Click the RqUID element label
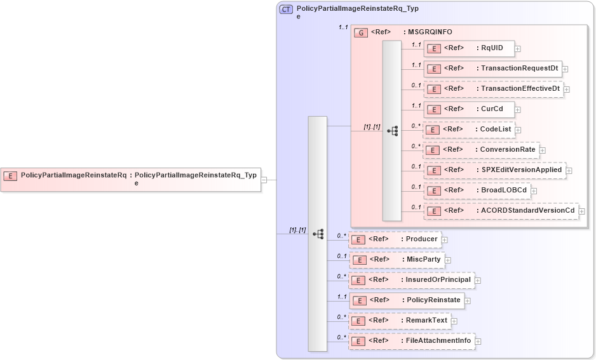[492, 48]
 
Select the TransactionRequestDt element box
[492, 69]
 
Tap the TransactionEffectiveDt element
[493, 89]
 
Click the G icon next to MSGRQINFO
[361, 32]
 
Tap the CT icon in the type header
[287, 10]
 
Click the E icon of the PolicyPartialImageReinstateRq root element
[10, 176]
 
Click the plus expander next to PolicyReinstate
[468, 301]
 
